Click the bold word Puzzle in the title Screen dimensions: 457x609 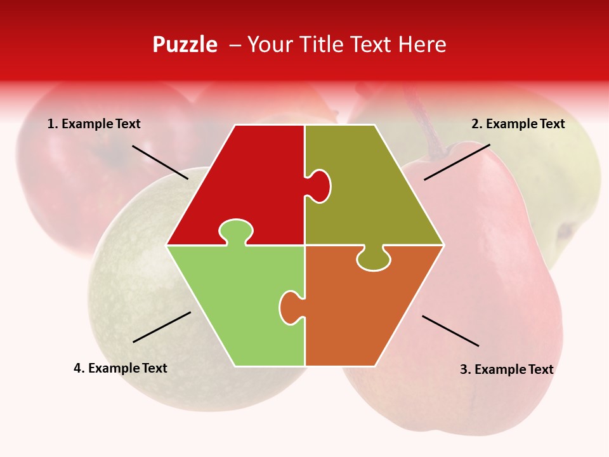[x=185, y=44]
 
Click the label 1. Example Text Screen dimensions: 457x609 [x=94, y=124]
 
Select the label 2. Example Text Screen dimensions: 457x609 [x=518, y=124]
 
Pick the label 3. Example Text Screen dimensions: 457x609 [x=506, y=369]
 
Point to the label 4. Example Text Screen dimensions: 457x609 [x=121, y=368]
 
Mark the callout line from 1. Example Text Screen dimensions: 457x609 [x=160, y=162]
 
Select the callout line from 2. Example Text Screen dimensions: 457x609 [x=457, y=162]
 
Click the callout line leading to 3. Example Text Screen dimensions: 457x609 [x=450, y=331]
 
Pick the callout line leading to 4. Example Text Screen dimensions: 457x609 [x=162, y=327]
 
